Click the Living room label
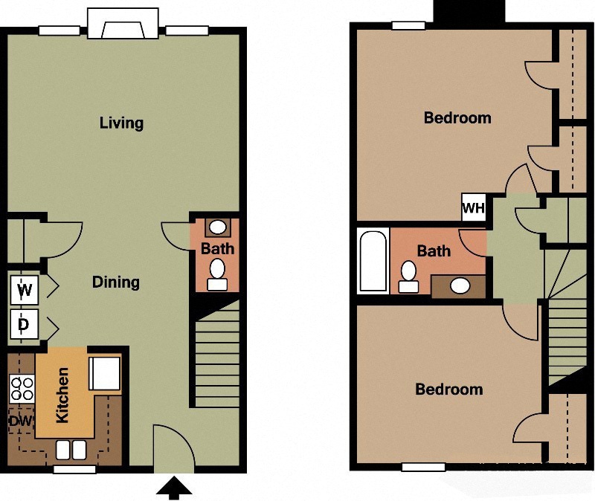(x=121, y=123)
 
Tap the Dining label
(x=115, y=282)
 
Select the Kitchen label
(x=62, y=395)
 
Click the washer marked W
(x=25, y=290)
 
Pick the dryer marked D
(x=25, y=324)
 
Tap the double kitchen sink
(x=70, y=450)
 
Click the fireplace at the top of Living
(x=123, y=25)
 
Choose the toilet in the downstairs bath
(x=217, y=274)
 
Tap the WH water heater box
(x=473, y=207)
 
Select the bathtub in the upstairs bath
(x=373, y=261)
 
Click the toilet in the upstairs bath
(x=408, y=276)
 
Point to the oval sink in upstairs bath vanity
(x=460, y=285)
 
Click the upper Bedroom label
(x=457, y=117)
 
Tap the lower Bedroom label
(x=448, y=390)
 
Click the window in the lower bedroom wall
(x=423, y=467)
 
